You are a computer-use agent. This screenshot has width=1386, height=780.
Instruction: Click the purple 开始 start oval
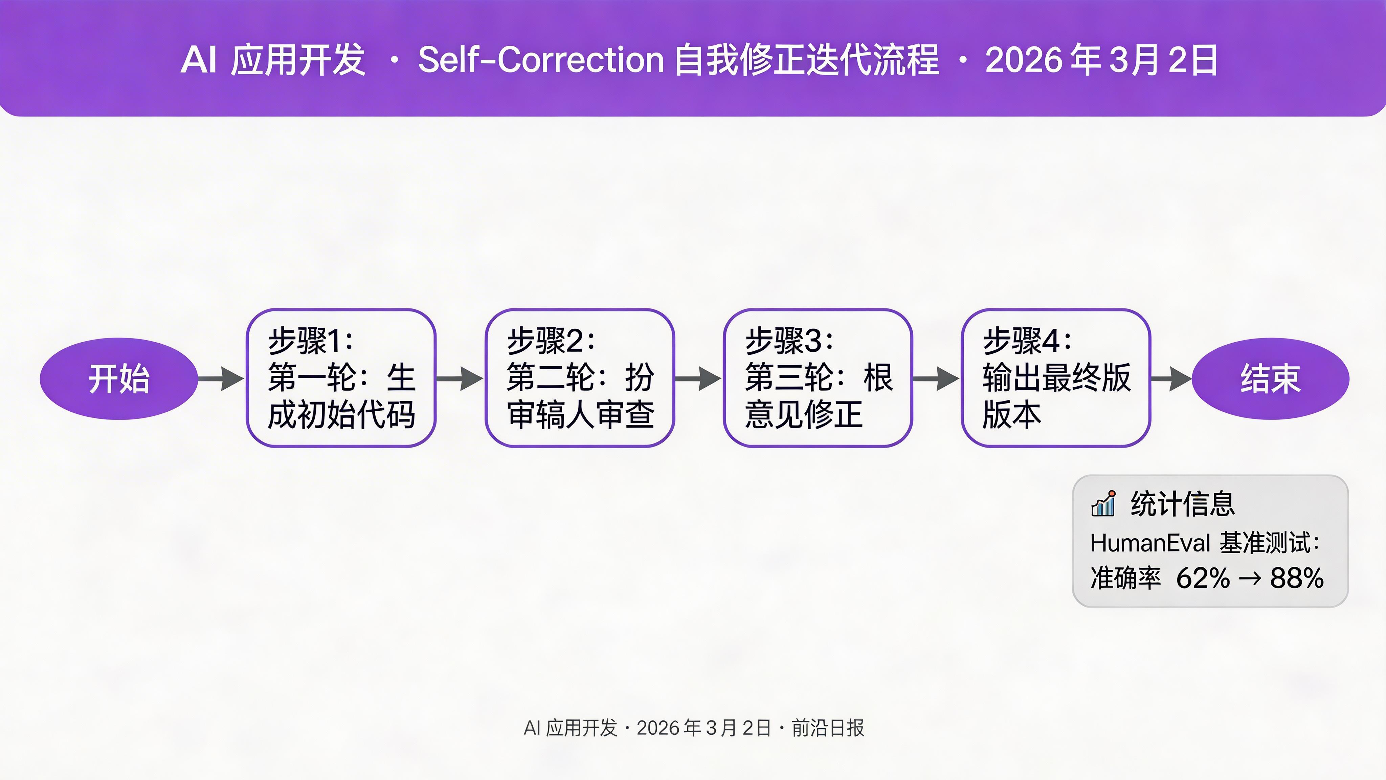click(x=119, y=378)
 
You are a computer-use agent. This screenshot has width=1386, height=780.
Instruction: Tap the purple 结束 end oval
click(x=1270, y=378)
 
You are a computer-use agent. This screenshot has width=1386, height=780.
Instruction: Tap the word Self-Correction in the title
click(x=541, y=59)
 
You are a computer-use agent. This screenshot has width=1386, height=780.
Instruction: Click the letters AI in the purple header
click(x=199, y=59)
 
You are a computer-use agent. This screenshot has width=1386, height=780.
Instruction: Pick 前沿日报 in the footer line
click(x=828, y=728)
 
